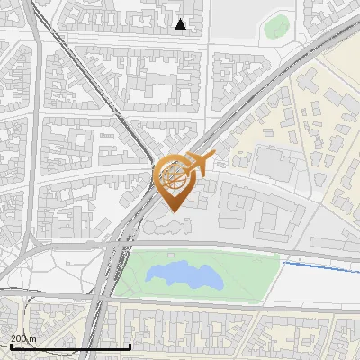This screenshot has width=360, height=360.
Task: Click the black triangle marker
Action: [181, 24]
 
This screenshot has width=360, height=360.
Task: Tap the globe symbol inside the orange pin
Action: [173, 176]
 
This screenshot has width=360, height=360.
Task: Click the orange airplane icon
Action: [201, 163]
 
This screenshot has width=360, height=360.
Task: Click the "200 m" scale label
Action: [23, 338]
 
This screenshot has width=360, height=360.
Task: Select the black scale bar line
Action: [70, 346]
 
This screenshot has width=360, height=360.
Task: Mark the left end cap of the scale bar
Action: [10, 346]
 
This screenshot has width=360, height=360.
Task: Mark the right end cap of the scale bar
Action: [130, 346]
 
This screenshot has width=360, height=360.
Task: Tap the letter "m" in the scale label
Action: [33, 338]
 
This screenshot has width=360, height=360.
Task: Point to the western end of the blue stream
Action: [283, 263]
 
